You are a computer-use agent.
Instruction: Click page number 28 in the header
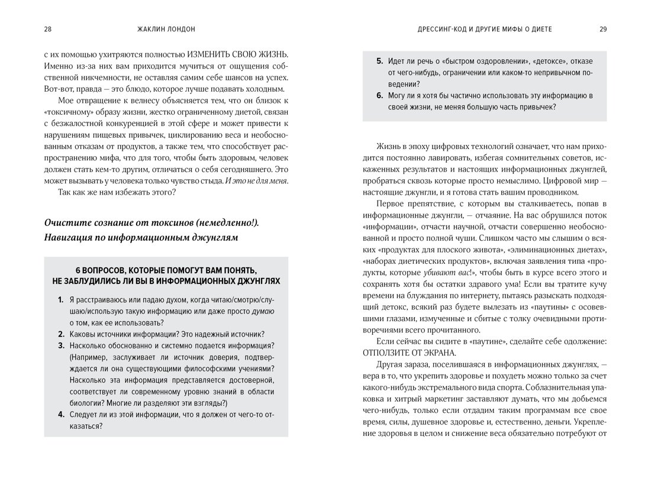(48, 28)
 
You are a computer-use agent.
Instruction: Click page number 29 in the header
(603, 28)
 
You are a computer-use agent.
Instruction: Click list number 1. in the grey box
(61, 300)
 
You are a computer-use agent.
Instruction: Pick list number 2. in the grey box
(61, 334)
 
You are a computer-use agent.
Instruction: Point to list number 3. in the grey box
(61, 345)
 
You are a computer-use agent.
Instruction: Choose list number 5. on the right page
(379, 61)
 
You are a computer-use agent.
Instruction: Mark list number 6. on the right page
(379, 95)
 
